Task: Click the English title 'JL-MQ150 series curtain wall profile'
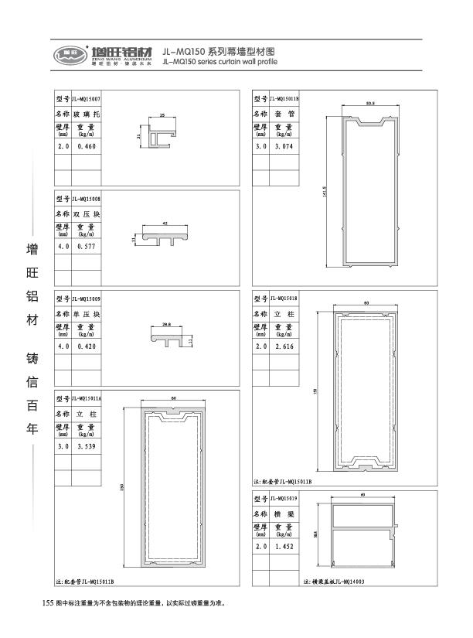220,62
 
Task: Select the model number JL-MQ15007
85,100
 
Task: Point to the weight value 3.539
85,446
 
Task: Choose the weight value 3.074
283,145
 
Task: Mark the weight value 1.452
283,547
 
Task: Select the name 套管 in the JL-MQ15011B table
283,114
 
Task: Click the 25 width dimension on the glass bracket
162,114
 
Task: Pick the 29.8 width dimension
166,324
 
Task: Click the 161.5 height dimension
325,190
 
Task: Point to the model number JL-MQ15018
283,297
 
